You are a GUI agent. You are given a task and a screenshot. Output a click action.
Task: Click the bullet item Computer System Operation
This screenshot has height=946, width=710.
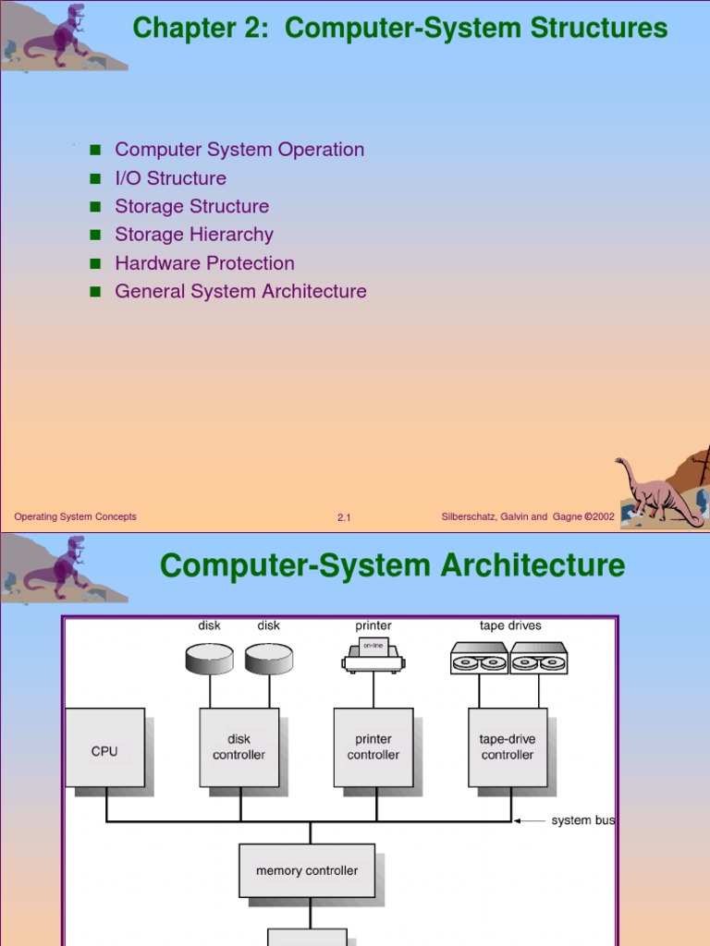(239, 150)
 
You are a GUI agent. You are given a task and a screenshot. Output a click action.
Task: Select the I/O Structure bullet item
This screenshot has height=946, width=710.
(170, 178)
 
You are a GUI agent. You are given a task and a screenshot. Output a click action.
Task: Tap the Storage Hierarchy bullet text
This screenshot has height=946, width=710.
(193, 235)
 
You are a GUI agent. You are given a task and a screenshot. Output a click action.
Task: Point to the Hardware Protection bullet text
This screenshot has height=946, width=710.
(204, 263)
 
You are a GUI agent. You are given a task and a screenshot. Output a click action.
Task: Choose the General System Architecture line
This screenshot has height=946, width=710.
(240, 292)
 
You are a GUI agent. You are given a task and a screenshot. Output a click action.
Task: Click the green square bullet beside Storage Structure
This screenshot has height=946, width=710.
(94, 207)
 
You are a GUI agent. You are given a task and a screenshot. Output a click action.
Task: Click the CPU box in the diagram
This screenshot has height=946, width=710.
(104, 747)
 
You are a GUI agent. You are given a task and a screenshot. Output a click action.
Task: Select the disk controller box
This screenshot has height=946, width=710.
(239, 747)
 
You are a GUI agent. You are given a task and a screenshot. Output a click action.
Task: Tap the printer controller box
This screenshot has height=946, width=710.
(373, 747)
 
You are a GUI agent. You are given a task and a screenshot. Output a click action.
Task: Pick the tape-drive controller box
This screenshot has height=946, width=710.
(508, 747)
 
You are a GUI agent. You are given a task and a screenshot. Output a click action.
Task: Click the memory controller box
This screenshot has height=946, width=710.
(307, 870)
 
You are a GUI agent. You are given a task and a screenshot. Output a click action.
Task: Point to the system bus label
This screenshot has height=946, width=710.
(583, 820)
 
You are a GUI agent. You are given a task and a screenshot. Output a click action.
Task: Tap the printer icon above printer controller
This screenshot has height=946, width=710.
(373, 655)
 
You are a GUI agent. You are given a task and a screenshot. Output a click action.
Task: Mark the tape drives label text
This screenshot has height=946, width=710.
(510, 625)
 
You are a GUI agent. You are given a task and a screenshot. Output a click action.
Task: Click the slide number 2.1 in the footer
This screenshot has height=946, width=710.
(344, 518)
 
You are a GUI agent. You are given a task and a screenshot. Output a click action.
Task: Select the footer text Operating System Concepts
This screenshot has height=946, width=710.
(75, 517)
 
